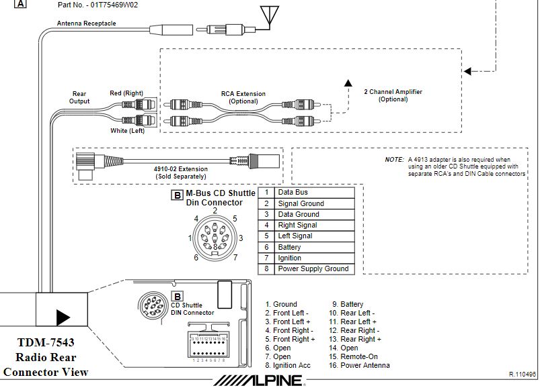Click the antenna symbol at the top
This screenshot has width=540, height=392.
click(x=270, y=15)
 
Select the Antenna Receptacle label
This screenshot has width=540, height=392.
click(x=86, y=23)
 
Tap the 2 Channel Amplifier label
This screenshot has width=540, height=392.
click(x=393, y=95)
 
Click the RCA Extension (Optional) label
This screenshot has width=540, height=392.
click(x=243, y=98)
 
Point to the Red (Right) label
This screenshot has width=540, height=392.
click(x=126, y=93)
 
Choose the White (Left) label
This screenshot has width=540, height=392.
click(x=128, y=131)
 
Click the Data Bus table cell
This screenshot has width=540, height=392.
click(x=293, y=193)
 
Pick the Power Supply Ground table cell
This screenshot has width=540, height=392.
click(x=313, y=268)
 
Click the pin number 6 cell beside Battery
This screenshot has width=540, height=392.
click(x=266, y=247)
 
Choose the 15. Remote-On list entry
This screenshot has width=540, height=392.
click(x=356, y=357)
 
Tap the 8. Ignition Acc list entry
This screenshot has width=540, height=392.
click(x=288, y=366)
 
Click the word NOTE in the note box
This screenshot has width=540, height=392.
click(x=394, y=160)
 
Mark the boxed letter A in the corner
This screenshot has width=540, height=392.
click(x=20, y=4)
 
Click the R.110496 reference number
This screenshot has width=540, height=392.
click(x=523, y=374)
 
